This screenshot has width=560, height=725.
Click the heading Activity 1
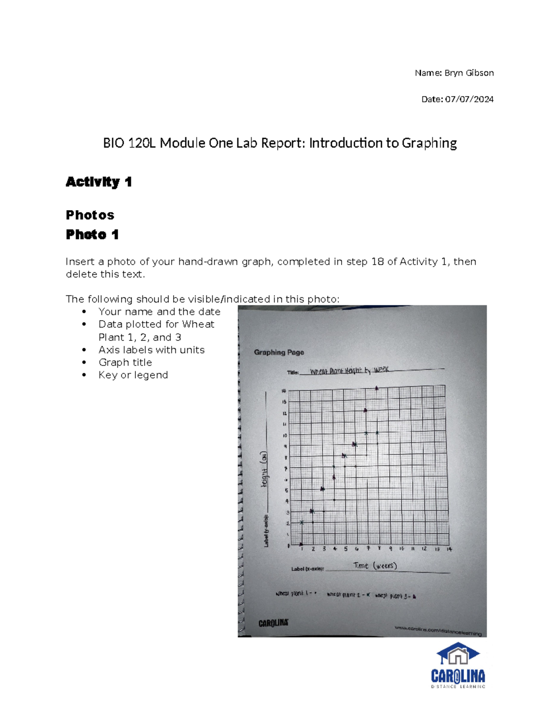pyautogui.click(x=98, y=182)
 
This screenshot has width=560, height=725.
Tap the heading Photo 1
pyautogui.click(x=92, y=234)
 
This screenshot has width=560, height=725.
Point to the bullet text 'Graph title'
pyautogui.click(x=125, y=362)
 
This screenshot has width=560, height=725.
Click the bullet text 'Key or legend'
pyautogui.click(x=133, y=375)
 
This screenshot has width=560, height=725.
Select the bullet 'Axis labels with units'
pyautogui.click(x=151, y=350)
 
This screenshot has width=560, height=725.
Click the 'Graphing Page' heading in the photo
pyautogui.click(x=279, y=352)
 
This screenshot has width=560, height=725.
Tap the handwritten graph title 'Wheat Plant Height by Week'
pyautogui.click(x=349, y=371)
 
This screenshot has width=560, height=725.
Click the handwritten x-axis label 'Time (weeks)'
pyautogui.click(x=375, y=566)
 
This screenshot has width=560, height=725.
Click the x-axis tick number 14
pyautogui.click(x=449, y=549)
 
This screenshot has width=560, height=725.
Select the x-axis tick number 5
pyautogui.click(x=346, y=549)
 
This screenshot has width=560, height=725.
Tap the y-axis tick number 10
pyautogui.click(x=285, y=436)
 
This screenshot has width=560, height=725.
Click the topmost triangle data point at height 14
pyautogui.click(x=377, y=388)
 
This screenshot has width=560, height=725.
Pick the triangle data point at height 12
pyautogui.click(x=366, y=410)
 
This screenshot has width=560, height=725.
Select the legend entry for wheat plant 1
pyautogui.click(x=296, y=594)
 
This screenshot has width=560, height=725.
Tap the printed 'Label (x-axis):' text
pyautogui.click(x=308, y=569)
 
